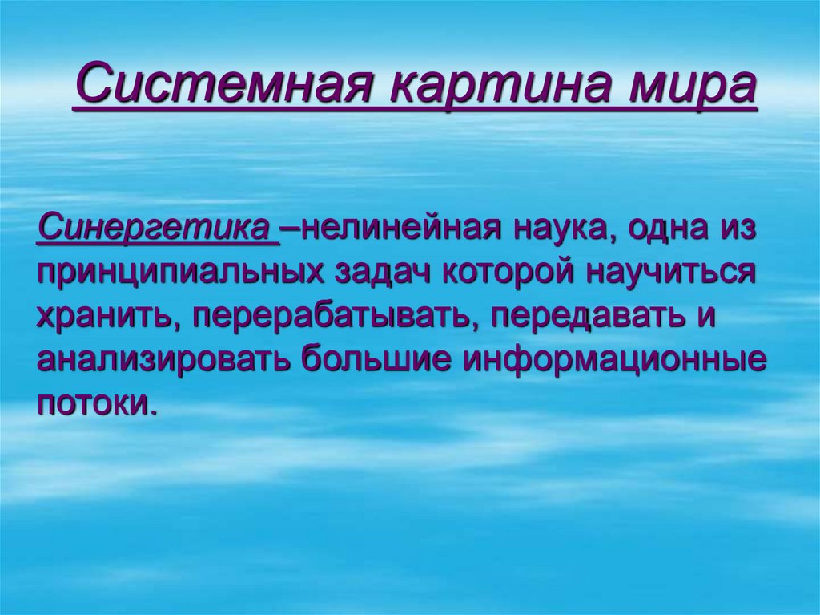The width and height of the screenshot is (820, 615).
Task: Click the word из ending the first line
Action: pos(738,229)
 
